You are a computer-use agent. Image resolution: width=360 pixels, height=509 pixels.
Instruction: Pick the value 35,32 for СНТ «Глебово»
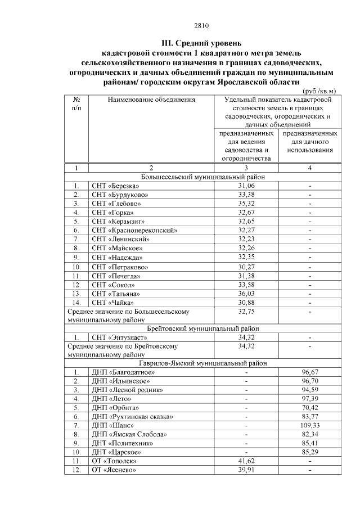[246, 204]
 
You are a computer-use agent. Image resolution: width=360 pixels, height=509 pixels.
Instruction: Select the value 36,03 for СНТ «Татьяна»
[246, 294]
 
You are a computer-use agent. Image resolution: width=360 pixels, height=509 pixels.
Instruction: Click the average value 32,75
[246, 311]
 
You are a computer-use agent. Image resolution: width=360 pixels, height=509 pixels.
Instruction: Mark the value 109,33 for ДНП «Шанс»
[310, 426]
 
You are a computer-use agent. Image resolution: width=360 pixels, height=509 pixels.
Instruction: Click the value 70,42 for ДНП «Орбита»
[310, 408]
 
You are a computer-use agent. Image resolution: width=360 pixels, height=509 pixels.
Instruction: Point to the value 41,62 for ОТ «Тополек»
[246, 461]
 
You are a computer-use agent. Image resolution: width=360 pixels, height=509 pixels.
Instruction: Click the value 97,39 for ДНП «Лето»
[310, 399]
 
